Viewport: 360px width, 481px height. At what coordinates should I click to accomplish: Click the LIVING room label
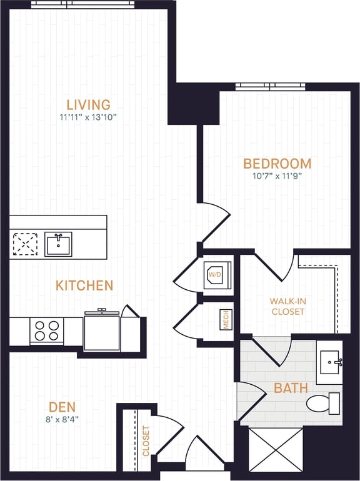point(89,104)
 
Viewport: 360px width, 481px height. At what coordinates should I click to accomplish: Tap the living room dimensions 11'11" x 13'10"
point(88,117)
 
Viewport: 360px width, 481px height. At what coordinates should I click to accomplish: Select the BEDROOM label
point(277,164)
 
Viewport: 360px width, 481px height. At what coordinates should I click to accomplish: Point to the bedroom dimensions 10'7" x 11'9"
point(277,176)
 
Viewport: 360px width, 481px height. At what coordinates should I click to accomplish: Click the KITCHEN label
point(84,285)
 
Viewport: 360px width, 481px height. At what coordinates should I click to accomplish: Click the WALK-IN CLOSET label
point(287,306)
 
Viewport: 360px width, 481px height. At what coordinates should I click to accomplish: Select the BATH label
point(291,388)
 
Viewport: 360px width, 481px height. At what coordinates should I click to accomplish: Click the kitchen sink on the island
point(58,244)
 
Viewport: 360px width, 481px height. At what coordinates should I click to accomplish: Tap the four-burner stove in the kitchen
point(47,330)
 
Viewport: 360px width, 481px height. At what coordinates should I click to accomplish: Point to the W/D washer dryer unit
point(216,275)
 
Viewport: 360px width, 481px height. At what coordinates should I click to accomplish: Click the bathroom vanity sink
point(329,362)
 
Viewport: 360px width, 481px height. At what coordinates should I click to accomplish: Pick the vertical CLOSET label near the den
point(146,441)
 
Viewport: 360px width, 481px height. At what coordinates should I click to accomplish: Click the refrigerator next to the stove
point(102,332)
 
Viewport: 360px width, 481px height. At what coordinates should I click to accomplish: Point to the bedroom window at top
point(270,86)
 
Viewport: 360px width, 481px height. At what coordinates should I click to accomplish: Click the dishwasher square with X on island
point(26,244)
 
